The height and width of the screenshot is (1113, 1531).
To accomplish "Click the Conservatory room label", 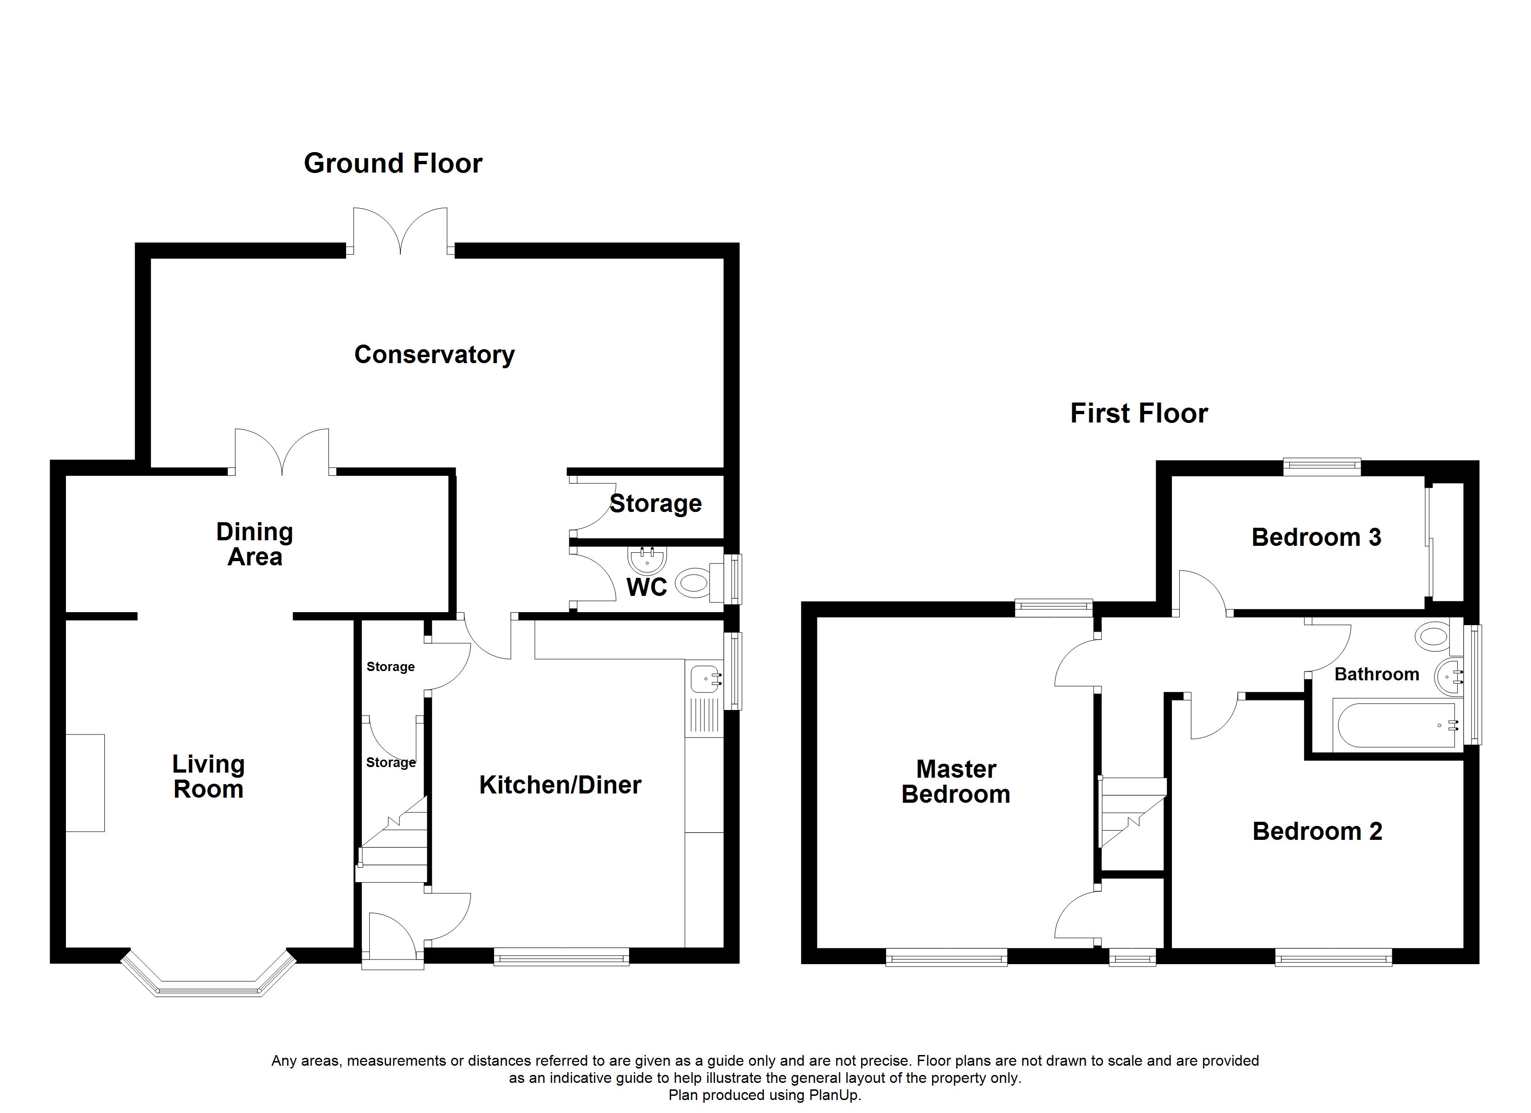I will (x=434, y=354).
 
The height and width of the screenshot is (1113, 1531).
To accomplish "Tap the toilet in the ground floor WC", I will (x=694, y=582).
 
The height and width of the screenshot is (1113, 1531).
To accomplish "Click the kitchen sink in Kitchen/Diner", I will (x=703, y=678).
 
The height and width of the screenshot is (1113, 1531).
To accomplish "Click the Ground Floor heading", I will (x=393, y=163).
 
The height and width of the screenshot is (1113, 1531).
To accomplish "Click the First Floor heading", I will (x=1139, y=413).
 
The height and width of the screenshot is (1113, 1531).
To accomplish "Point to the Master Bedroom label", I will (x=956, y=781).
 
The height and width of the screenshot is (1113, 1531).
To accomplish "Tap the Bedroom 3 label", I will (x=1316, y=537).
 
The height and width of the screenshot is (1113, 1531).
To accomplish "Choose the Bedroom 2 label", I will (x=1317, y=831).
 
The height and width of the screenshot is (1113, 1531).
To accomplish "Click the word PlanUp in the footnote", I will (x=836, y=1095).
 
